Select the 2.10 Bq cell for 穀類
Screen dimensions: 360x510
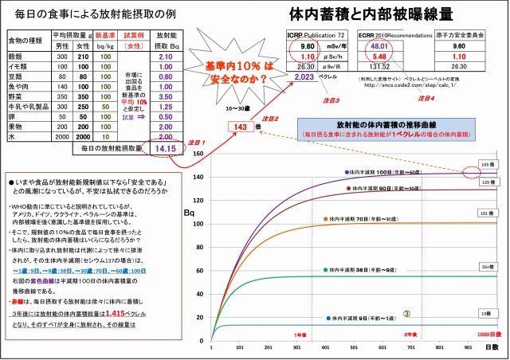167,57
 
